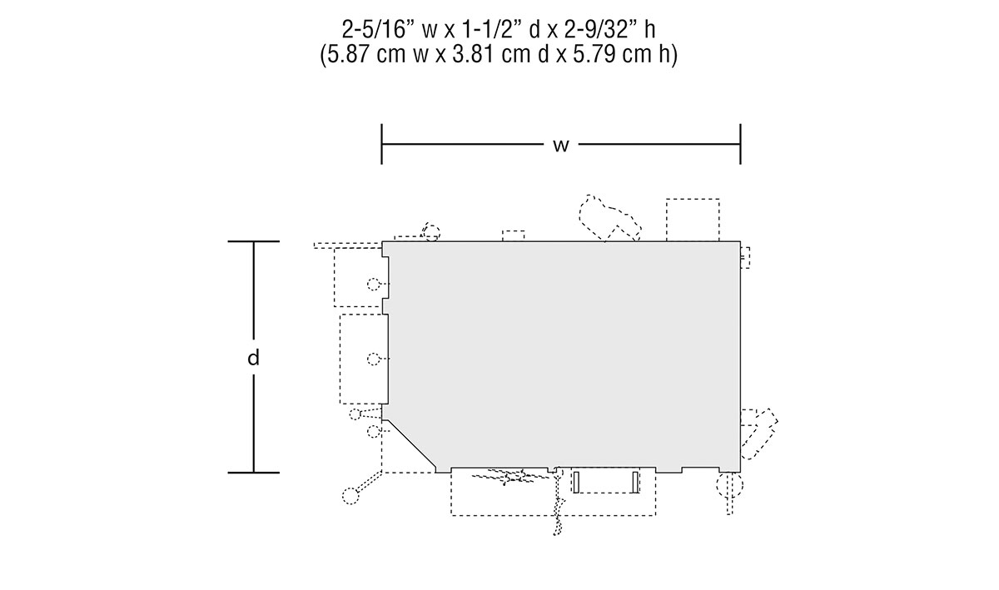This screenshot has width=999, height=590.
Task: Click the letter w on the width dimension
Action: (x=561, y=146)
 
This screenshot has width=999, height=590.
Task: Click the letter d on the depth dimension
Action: (x=253, y=357)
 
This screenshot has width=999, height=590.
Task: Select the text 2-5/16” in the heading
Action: (x=379, y=30)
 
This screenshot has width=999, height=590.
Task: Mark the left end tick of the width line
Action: (x=382, y=144)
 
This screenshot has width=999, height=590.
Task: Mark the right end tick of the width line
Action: (x=740, y=144)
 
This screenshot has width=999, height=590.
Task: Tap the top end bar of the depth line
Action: (x=254, y=241)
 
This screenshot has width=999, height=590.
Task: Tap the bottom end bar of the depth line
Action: (x=254, y=473)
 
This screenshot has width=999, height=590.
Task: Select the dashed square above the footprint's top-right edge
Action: (x=693, y=220)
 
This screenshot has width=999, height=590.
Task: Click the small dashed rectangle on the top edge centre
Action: (x=514, y=236)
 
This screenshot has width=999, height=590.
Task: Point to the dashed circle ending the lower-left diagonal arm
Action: (x=350, y=496)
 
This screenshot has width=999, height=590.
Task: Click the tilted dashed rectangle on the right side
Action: (x=759, y=434)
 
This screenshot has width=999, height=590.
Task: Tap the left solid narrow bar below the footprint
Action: (x=576, y=482)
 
